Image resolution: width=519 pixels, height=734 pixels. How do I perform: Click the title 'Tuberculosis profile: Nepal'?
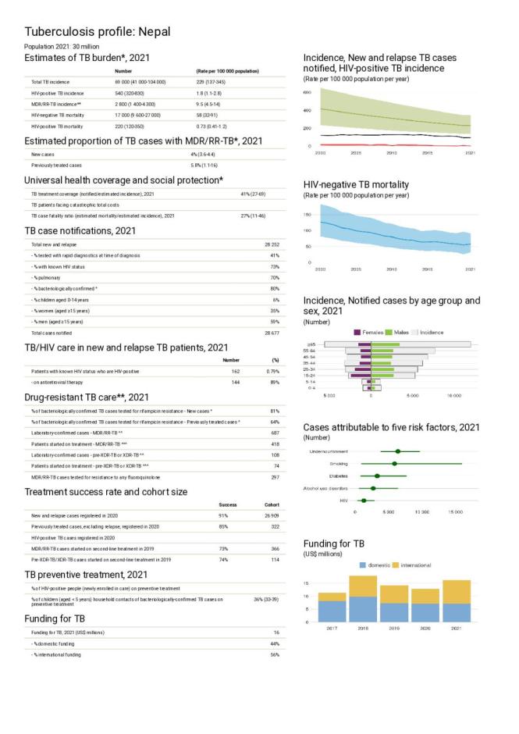point(98,32)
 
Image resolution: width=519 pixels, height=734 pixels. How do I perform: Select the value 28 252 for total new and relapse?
point(271,244)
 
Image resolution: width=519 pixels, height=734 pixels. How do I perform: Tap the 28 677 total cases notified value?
point(271,333)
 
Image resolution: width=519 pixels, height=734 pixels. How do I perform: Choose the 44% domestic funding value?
point(274,643)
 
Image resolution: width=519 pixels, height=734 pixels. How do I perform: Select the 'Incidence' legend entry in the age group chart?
point(432,333)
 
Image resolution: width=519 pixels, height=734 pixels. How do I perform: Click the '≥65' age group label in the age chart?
point(311,344)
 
